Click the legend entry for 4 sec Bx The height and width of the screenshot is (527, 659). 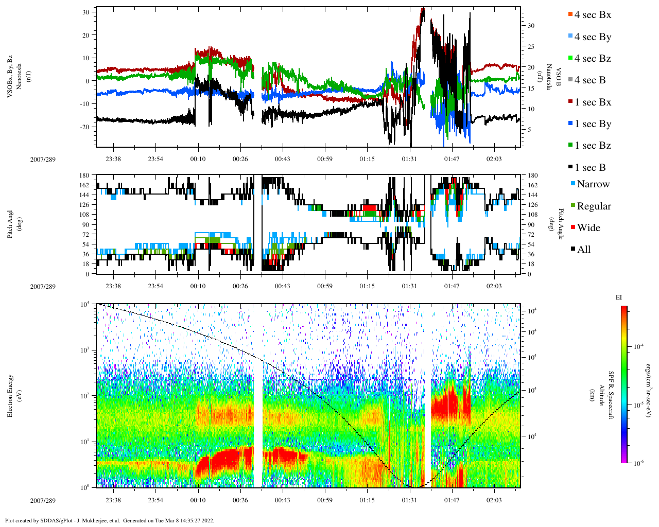592,15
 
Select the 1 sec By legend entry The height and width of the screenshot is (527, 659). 592,124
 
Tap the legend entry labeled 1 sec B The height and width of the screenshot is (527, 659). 589,168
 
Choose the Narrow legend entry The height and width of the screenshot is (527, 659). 593,184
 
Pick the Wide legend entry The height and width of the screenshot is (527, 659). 588,228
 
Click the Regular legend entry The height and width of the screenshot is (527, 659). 594,206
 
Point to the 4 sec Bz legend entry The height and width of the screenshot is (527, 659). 592,59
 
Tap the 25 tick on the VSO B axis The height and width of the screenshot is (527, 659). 531,47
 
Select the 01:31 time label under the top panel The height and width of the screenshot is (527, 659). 409,159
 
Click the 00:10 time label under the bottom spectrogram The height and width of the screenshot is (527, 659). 198,500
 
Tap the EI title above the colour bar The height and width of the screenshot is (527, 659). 619,297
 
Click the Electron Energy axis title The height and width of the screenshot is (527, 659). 10,395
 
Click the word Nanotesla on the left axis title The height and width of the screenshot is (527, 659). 19,77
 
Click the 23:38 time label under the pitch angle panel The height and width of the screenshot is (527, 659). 113,286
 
